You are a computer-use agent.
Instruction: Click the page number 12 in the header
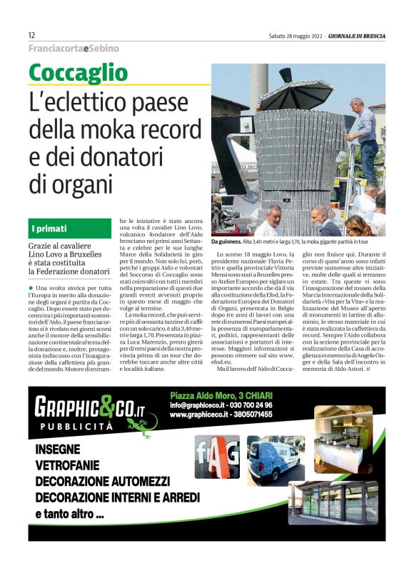point(32,35)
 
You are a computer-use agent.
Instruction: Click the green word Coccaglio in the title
point(79,73)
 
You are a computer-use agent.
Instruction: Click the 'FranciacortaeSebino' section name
point(73,49)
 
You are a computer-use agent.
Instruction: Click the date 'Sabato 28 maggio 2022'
point(298,36)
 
